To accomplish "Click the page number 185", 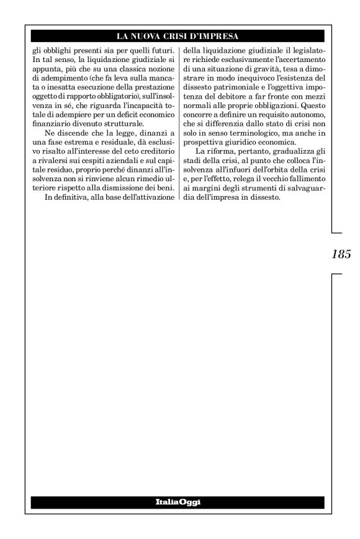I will pos(342,253).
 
